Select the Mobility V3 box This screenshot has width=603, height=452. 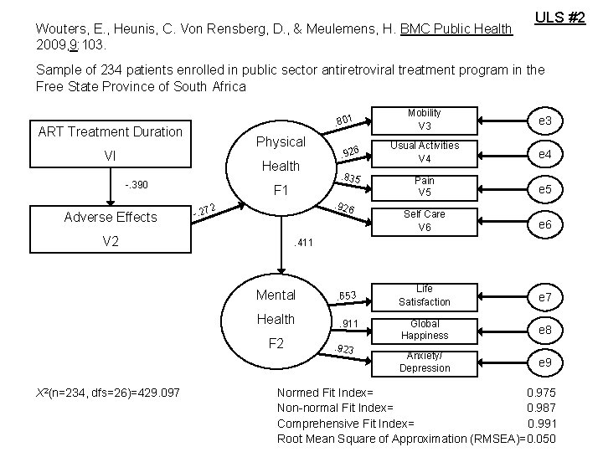point(425,120)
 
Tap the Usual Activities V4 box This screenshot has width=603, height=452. point(425,152)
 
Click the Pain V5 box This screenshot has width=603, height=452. point(425,186)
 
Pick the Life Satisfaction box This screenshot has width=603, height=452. point(424,295)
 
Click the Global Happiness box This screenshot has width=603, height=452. point(424,329)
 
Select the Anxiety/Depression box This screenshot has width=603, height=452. point(424,362)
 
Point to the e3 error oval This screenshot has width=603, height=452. point(544,122)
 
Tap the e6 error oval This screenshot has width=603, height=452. point(544,224)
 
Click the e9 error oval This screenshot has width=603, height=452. point(544,362)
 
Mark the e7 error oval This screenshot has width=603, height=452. point(544,297)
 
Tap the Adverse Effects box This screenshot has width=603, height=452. point(110,229)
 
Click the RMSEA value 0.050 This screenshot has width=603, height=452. point(540,439)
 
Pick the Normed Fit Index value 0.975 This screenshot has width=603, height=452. point(540,393)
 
